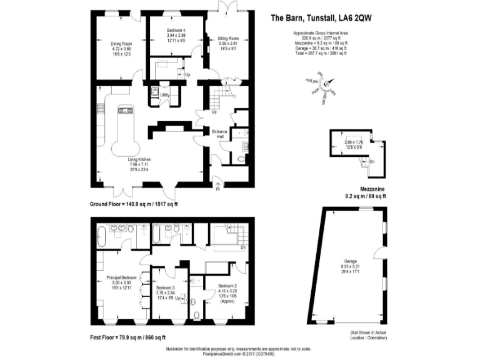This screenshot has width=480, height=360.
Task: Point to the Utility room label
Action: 165,95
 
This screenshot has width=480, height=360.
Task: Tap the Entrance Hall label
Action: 219,132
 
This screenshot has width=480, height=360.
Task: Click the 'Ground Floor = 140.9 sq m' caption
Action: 134,204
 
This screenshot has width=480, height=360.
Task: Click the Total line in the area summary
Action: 319,54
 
